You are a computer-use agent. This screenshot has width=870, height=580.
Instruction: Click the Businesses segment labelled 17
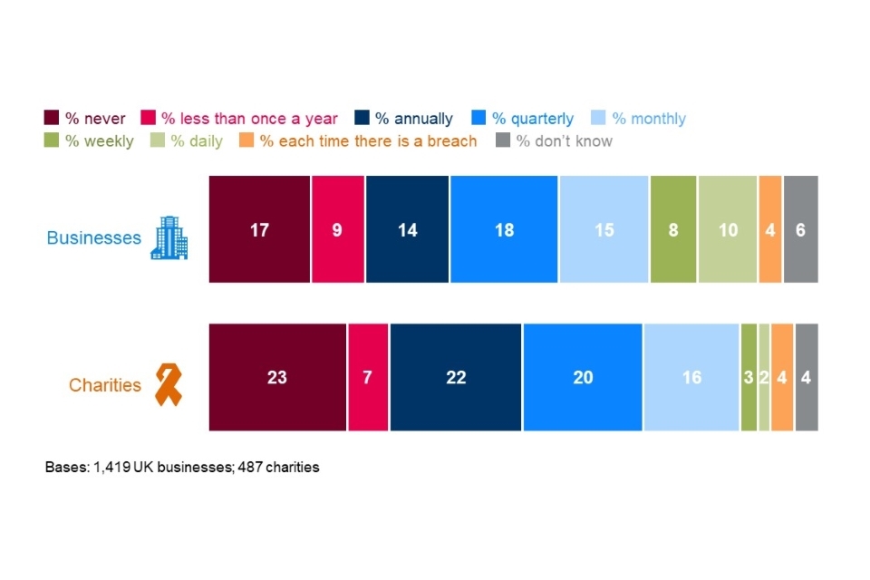pyautogui.click(x=259, y=229)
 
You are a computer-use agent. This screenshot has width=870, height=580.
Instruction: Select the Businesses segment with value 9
pyautogui.click(x=337, y=229)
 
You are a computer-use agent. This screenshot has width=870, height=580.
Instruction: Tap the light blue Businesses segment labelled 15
pyautogui.click(x=604, y=229)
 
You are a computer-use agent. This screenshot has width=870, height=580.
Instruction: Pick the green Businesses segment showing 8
pyautogui.click(x=673, y=229)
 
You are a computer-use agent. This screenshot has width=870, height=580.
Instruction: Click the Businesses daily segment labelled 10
pyautogui.click(x=728, y=229)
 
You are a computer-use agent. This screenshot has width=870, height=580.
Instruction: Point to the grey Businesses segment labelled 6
pyautogui.click(x=800, y=229)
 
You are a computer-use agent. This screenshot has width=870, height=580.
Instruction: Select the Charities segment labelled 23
pyautogui.click(x=277, y=377)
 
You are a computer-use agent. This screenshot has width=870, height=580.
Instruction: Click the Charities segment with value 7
pyautogui.click(x=367, y=377)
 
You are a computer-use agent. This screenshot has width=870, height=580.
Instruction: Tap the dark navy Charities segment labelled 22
pyautogui.click(x=456, y=377)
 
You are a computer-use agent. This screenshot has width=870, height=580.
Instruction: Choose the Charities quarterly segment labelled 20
pyautogui.click(x=583, y=377)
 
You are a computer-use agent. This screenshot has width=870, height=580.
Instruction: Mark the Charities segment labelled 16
pyautogui.click(x=691, y=377)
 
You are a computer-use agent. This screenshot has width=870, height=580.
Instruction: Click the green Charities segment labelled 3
pyautogui.click(x=749, y=377)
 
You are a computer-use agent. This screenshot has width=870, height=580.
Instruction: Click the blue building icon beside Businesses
pyautogui.click(x=169, y=238)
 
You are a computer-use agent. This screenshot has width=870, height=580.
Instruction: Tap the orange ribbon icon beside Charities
pyautogui.click(x=166, y=384)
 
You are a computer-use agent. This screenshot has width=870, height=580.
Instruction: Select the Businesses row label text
pyautogui.click(x=94, y=238)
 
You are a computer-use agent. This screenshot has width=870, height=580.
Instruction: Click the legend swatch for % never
pyautogui.click(x=53, y=118)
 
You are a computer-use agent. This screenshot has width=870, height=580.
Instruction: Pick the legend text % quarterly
pyautogui.click(x=533, y=119)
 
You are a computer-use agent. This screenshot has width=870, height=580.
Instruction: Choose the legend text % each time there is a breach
pyautogui.click(x=368, y=141)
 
